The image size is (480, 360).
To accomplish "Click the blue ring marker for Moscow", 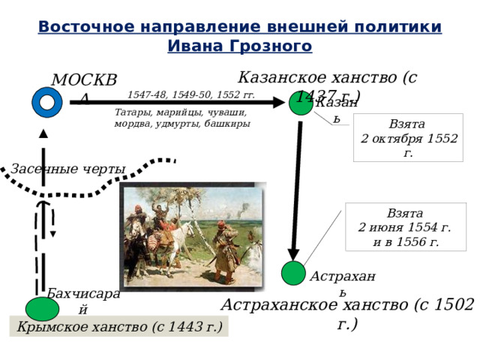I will coord(47,102).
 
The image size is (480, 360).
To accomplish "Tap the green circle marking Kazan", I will coord(301,103).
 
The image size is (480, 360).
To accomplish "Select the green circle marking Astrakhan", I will coord(292,273).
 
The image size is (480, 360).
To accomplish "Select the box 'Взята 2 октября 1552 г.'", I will coord(409,137).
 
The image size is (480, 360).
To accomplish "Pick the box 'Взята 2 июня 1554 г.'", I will coord(405,227).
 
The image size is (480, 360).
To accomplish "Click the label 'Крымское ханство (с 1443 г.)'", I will coord(120,327).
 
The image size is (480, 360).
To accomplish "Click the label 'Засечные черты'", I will coord(67,169).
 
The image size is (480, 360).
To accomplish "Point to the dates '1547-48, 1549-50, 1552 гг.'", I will coord(190,95).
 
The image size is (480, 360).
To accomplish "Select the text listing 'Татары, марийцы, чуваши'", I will coord(181,118).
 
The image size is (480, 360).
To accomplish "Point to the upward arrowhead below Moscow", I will coord(43,133).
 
